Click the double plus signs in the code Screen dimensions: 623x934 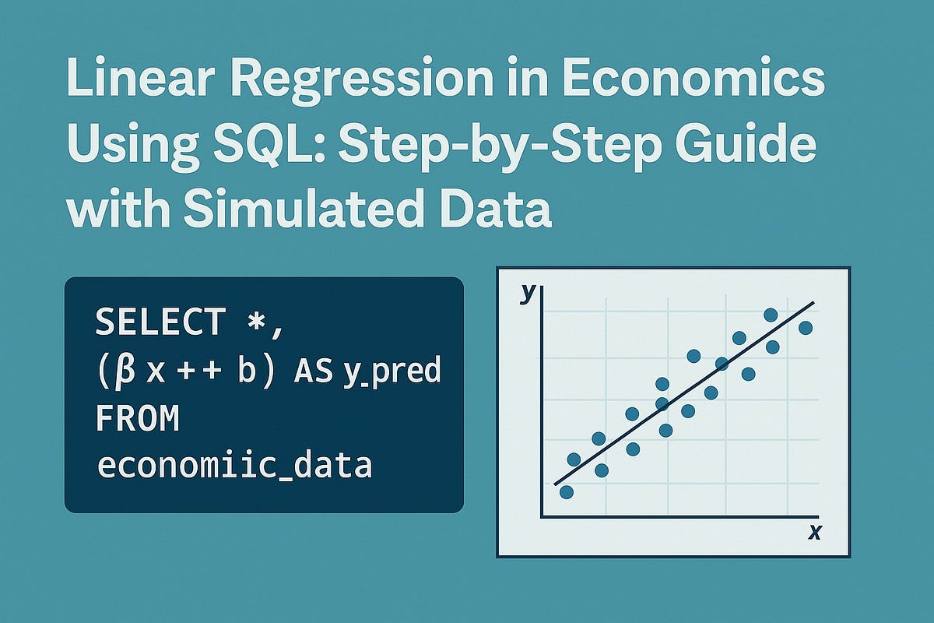click(196, 371)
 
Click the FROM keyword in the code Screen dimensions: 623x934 click(138, 419)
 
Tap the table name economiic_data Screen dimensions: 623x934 click(233, 466)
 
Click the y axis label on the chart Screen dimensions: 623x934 click(528, 293)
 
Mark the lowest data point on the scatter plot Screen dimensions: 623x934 click(567, 492)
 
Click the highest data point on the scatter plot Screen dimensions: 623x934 click(771, 315)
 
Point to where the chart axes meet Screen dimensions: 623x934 click(542, 517)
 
